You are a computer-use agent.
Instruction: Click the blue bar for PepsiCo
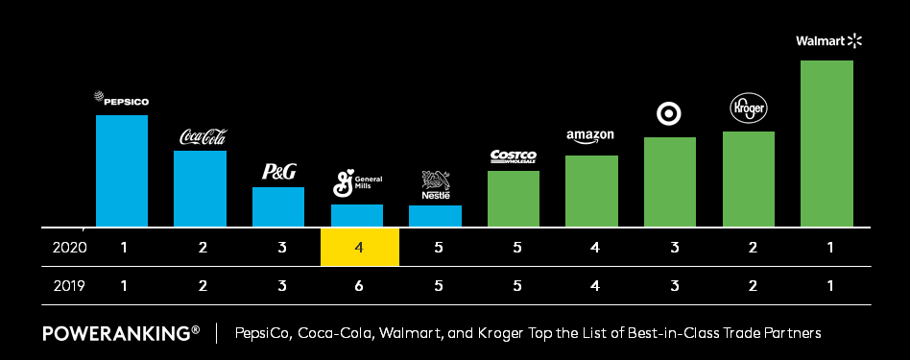point(121,171)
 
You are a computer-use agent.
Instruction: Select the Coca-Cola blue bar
point(200,188)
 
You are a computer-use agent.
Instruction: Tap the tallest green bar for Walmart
point(827,144)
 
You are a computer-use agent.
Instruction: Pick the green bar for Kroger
point(749,180)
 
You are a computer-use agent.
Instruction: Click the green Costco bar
point(514,199)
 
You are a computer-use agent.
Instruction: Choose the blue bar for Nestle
point(435,216)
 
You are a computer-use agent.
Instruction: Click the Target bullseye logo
point(669,114)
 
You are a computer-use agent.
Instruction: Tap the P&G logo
point(278,172)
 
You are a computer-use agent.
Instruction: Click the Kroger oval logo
point(748,108)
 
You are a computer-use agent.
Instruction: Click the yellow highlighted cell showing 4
point(358,248)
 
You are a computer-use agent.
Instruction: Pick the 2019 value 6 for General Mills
point(358,285)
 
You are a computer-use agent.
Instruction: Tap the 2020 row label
point(71,248)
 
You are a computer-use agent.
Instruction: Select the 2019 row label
point(71,285)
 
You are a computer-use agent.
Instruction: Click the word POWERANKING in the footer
point(115,333)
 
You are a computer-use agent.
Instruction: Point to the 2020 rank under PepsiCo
point(124,248)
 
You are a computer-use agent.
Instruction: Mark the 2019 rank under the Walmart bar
point(829,285)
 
